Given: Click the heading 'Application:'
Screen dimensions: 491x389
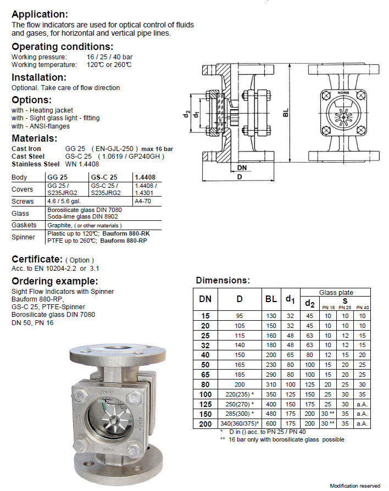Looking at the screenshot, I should [x=40, y=15].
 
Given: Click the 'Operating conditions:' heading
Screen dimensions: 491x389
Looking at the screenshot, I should [x=63, y=47].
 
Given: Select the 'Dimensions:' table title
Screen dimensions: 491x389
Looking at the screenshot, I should [x=223, y=280].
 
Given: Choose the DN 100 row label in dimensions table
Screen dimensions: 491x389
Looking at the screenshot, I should [x=205, y=394].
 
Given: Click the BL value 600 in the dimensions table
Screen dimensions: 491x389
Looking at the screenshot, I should [x=271, y=423].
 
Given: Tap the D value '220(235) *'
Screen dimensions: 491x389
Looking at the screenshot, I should [x=240, y=394].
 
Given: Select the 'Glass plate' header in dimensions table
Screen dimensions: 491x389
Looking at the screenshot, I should [x=336, y=293].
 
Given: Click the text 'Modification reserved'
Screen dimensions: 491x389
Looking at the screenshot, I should [x=354, y=486].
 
